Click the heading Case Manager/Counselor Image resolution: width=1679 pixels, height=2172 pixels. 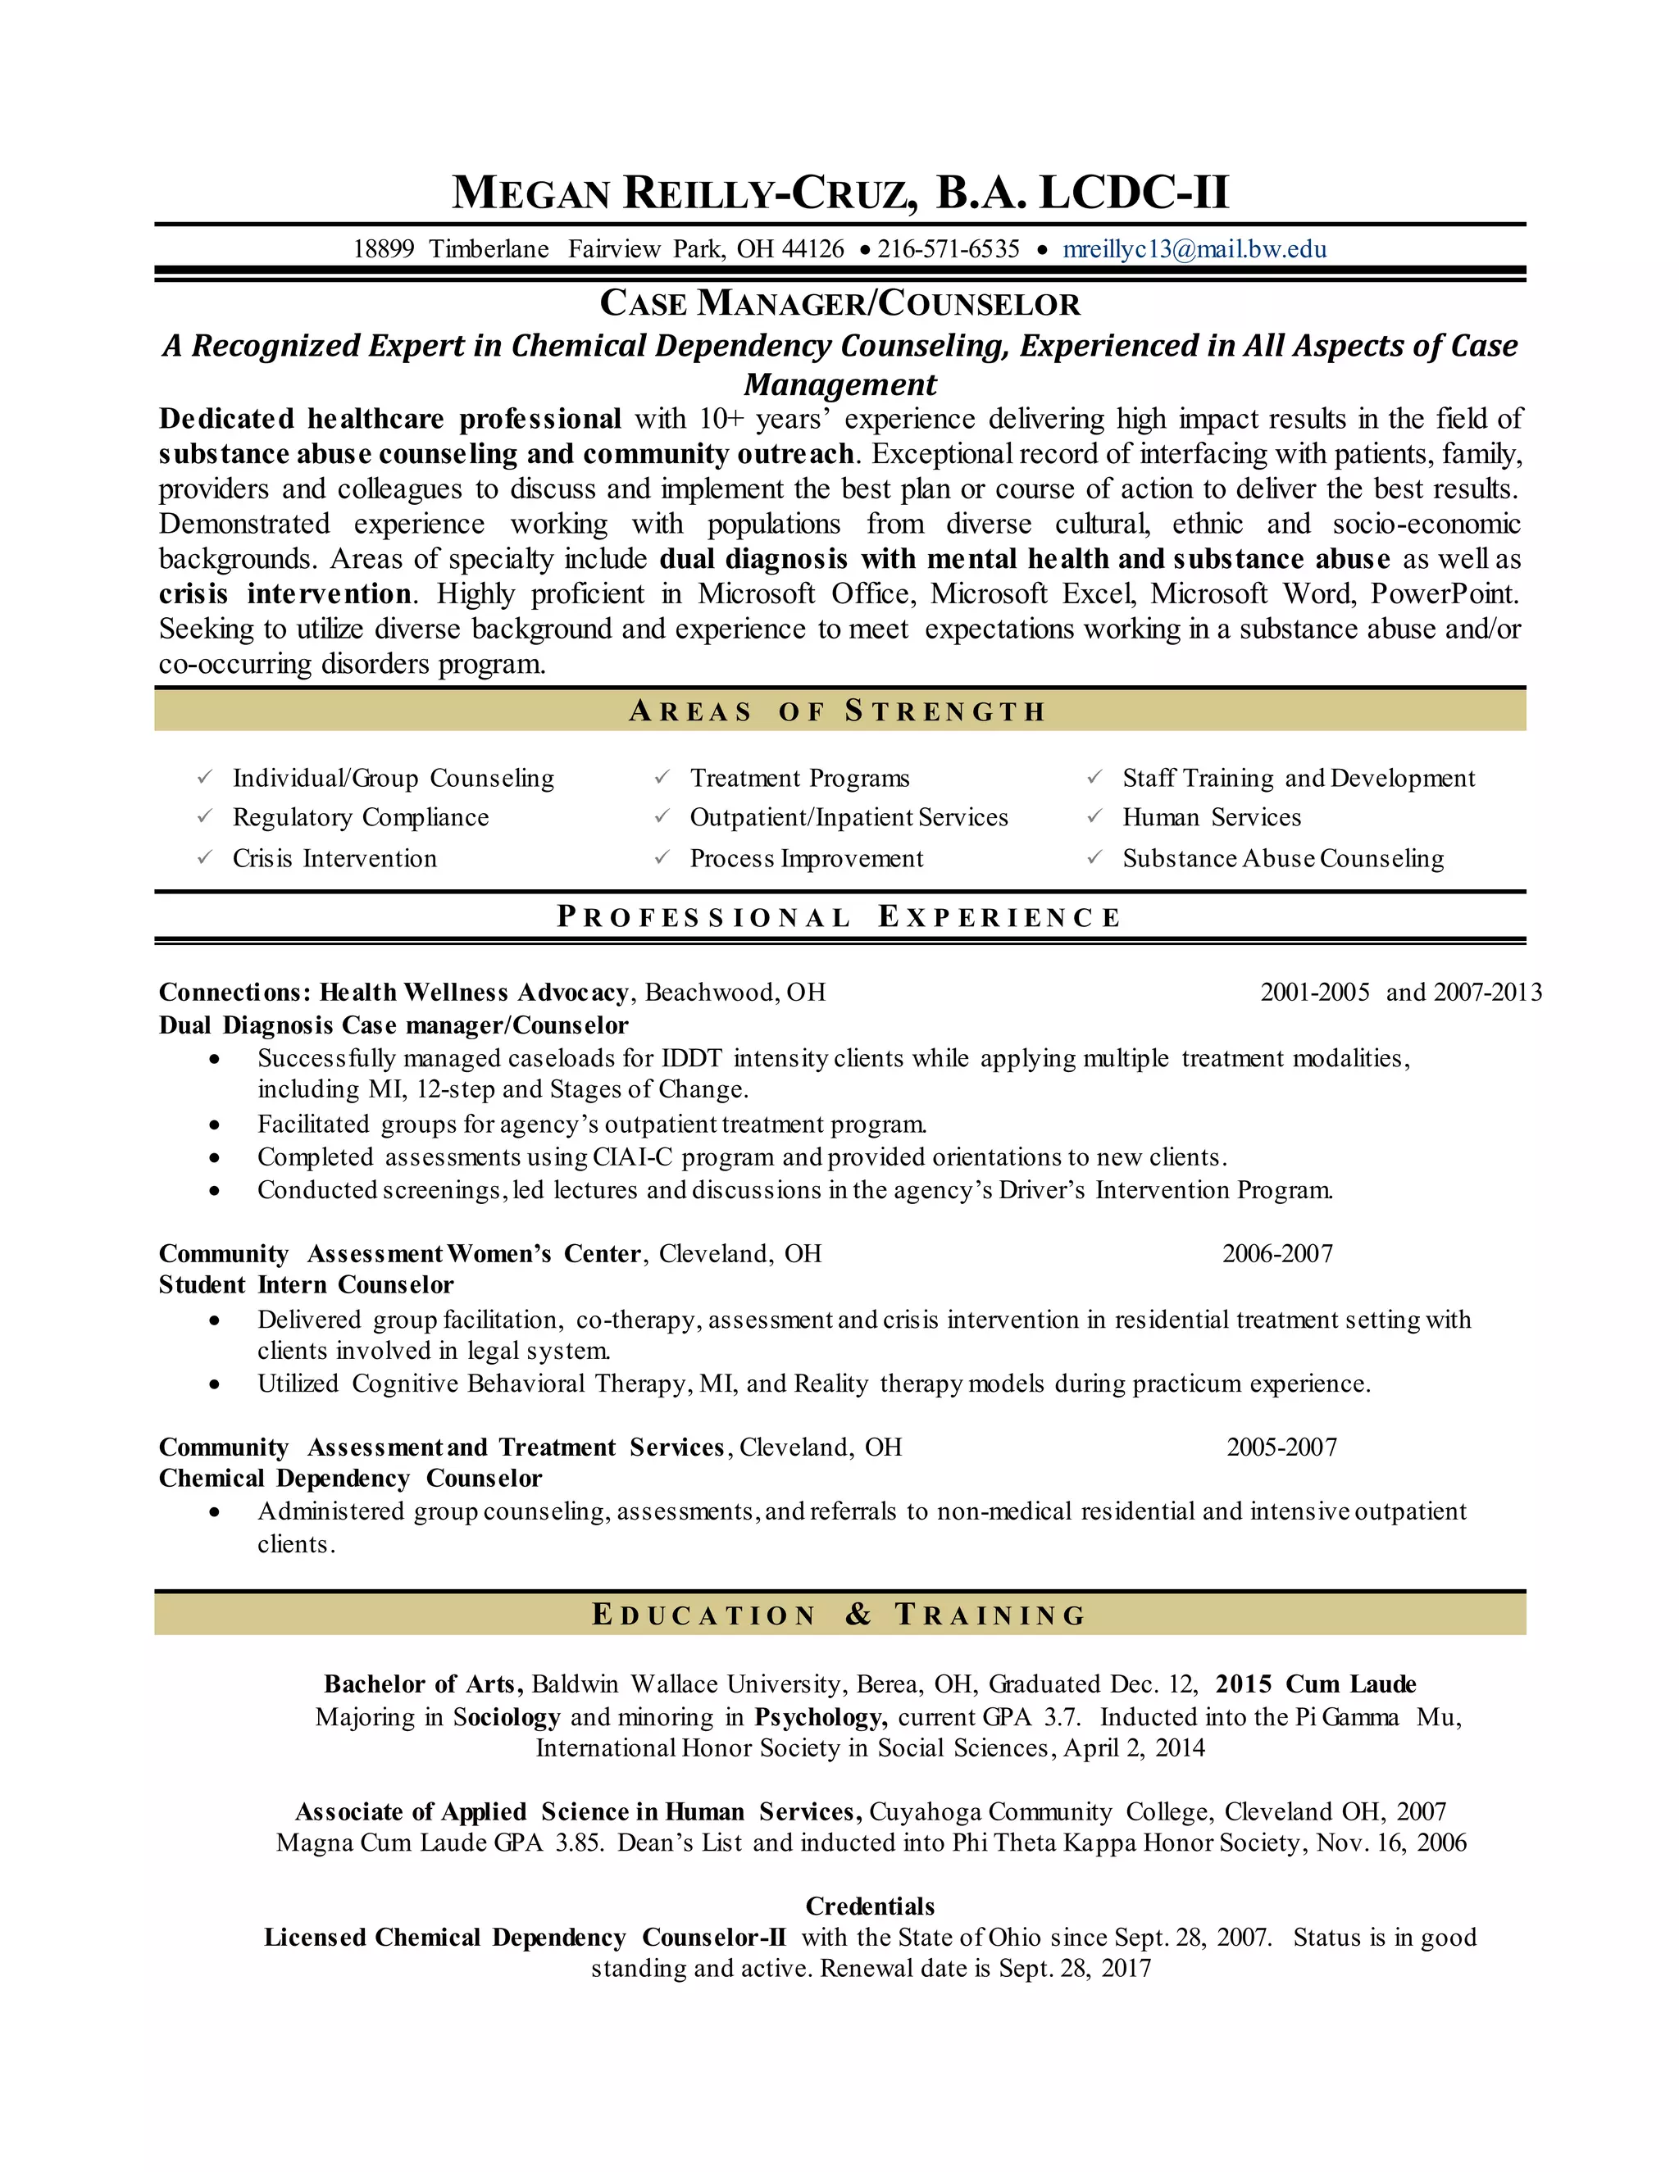click(x=839, y=303)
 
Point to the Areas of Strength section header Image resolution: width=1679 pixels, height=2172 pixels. click(x=839, y=711)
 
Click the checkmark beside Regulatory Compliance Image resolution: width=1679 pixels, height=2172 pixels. click(x=205, y=816)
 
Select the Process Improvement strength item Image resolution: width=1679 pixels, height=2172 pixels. click(x=806, y=858)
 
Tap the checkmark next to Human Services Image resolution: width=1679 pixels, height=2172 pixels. click(x=1094, y=816)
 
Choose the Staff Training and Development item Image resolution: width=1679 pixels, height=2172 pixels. click(x=1298, y=778)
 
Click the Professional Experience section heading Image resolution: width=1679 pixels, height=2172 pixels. click(x=839, y=917)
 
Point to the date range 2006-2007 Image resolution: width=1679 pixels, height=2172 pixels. click(x=1277, y=1253)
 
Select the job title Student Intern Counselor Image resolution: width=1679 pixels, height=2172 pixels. click(x=307, y=1285)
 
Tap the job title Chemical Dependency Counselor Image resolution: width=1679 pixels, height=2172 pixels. click(x=350, y=1479)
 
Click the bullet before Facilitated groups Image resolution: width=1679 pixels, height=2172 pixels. click(x=215, y=1125)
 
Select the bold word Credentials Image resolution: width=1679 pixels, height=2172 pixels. click(x=869, y=1906)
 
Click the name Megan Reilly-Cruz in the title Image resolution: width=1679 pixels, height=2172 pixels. click(x=685, y=192)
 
